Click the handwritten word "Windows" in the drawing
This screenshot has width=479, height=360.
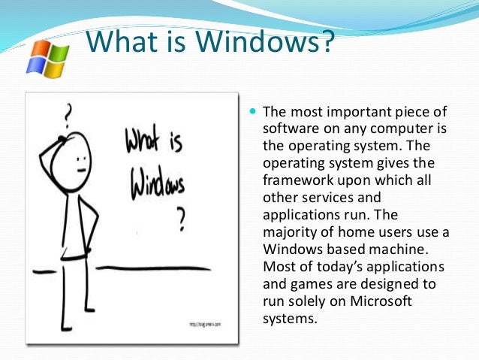(x=158, y=180)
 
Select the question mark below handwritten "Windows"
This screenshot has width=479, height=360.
(x=180, y=219)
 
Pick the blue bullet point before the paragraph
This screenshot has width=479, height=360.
(x=252, y=111)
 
